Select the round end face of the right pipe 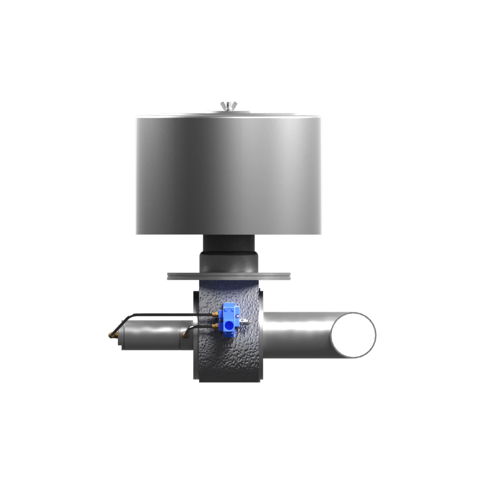(x=352, y=335)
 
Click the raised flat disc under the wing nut (x=228, y=113)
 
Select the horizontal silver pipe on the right (x=296, y=335)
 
